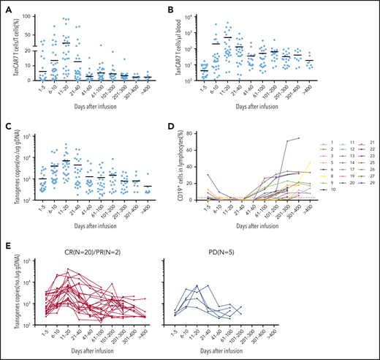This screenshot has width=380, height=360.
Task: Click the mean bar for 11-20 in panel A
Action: [66, 43]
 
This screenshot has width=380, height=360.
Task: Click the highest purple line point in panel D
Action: [298, 138]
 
